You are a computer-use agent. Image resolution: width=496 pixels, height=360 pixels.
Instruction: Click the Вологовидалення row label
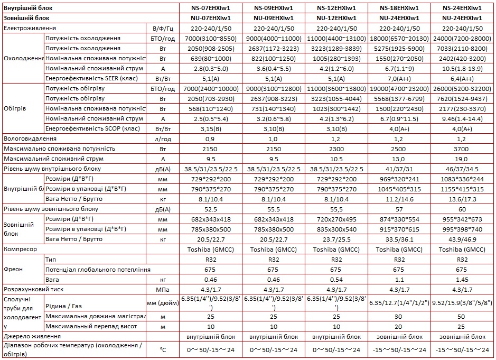pos(30,139)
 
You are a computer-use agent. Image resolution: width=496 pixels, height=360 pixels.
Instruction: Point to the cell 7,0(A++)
pos(399,78)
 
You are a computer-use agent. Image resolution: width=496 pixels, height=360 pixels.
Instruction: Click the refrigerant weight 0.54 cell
pos(336,280)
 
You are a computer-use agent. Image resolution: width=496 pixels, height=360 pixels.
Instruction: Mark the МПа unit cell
pos(162,290)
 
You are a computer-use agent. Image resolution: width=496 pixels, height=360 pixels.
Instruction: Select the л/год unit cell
pos(162,139)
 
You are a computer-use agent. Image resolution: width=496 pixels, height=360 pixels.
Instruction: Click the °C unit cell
pos(162,349)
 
